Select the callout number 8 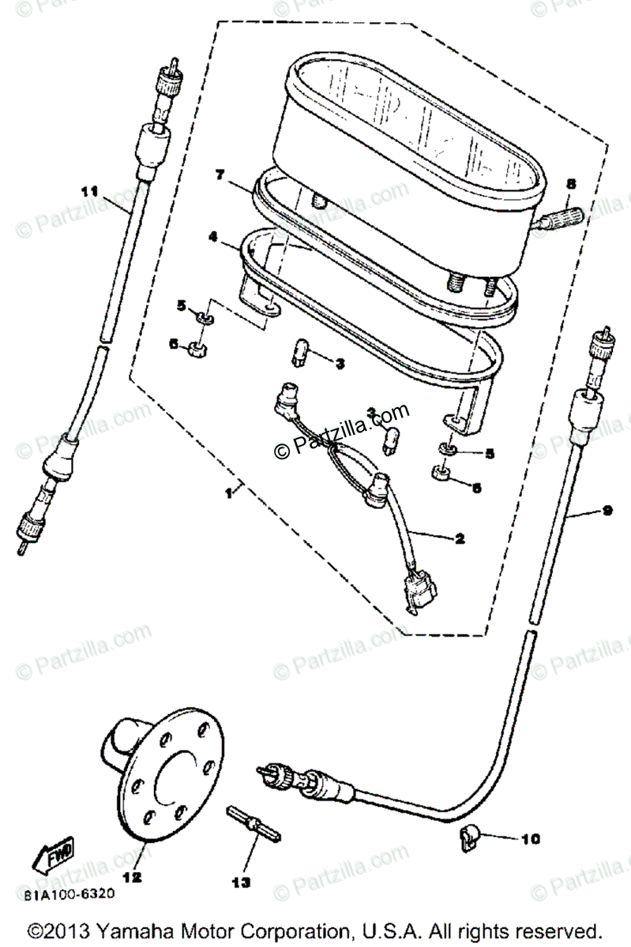point(571,182)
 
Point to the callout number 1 point(228,492)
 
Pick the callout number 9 point(607,511)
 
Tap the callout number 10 point(530,839)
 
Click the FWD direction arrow point(53,855)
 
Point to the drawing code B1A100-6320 point(69,894)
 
